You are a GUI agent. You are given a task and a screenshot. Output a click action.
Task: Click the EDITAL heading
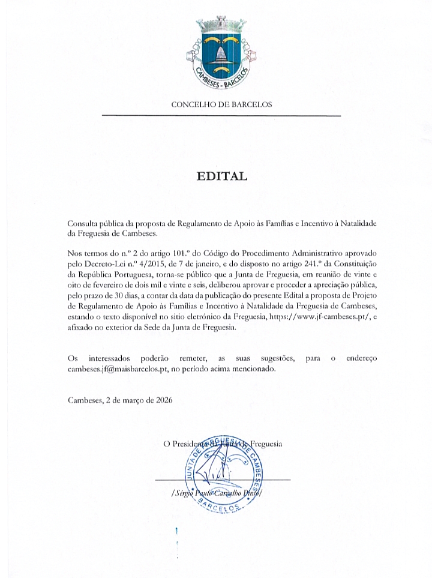click(221, 176)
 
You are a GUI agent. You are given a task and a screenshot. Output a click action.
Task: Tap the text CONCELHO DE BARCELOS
click(221, 104)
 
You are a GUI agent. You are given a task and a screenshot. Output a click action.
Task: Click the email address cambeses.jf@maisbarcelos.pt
click(118, 369)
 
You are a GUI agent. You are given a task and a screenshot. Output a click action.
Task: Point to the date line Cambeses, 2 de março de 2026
click(120, 400)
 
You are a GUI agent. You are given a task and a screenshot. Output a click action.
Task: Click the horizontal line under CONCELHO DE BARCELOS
click(221, 115)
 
